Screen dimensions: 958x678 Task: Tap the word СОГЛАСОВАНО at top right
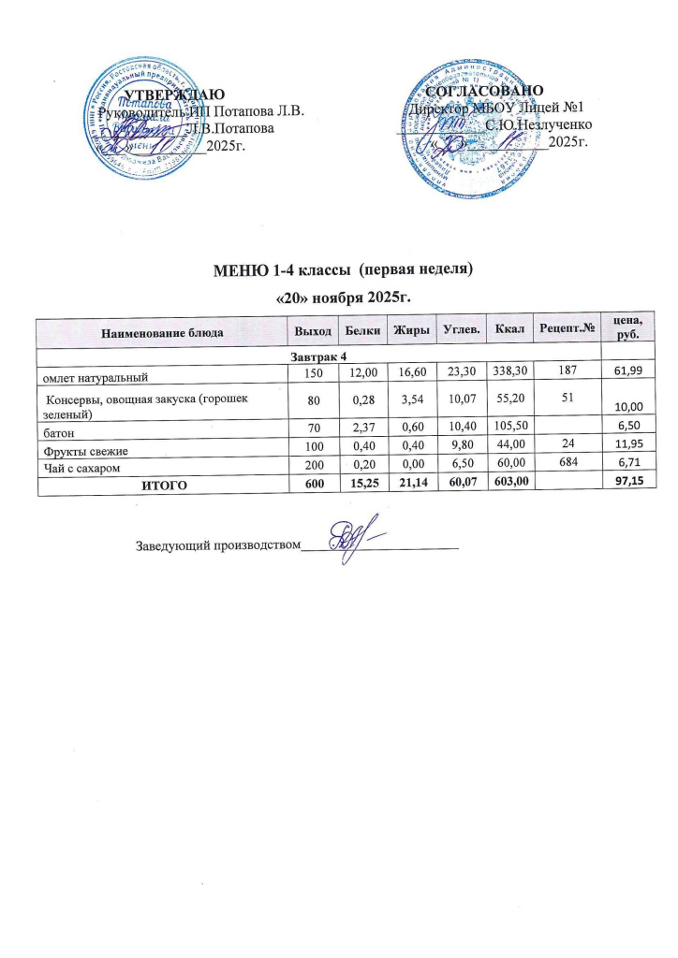tap(484, 92)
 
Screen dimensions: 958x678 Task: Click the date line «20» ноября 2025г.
tap(339, 297)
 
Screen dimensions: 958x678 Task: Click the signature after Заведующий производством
tap(352, 537)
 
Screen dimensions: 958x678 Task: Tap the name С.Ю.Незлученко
tap(538, 124)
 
